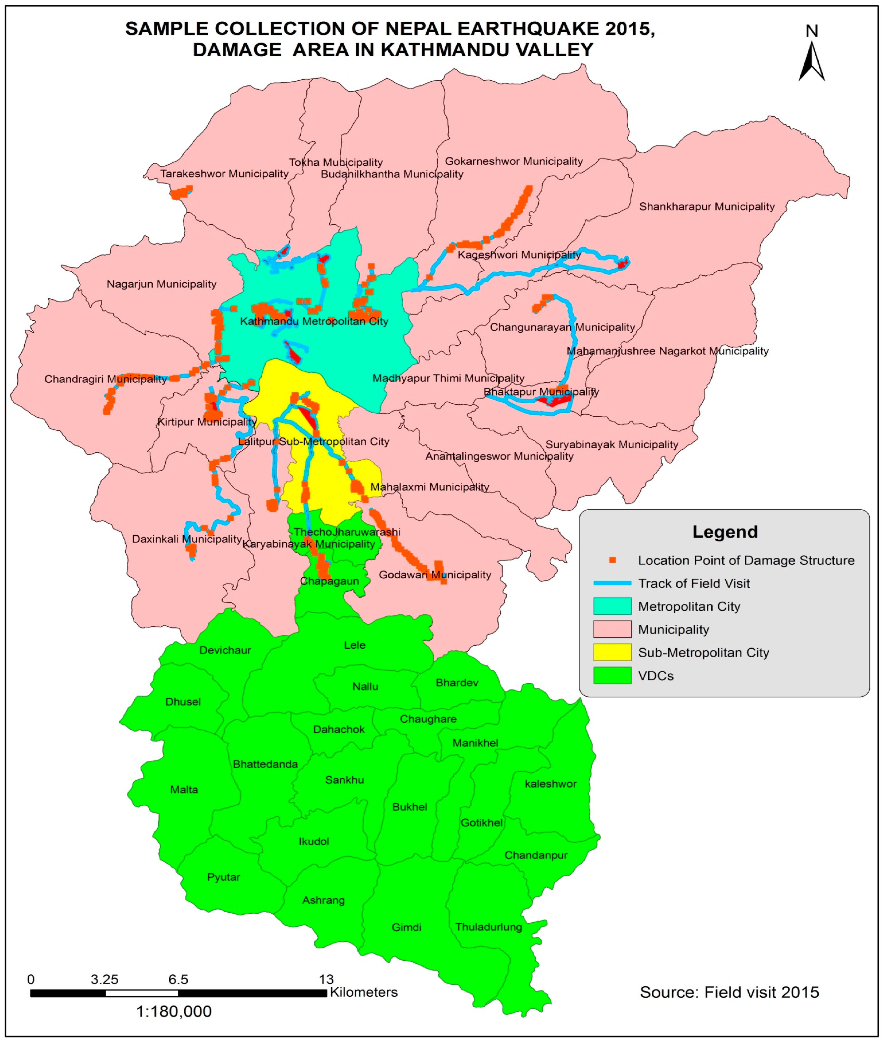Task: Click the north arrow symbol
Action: pos(811,60)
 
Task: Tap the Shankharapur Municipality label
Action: pos(706,207)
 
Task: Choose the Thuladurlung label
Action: pos(489,927)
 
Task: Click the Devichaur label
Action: pos(225,650)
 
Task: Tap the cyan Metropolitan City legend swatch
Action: pos(612,606)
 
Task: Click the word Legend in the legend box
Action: pos(725,532)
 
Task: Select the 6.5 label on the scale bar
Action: pos(178,979)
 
